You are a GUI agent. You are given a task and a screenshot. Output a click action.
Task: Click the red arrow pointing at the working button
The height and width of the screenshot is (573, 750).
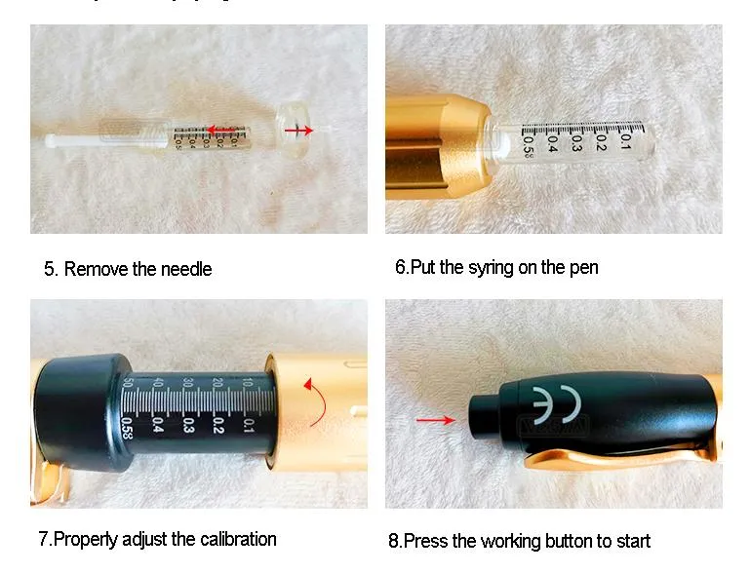[x=434, y=420]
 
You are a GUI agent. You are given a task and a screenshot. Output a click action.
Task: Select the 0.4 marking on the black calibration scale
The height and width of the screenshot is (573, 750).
[x=158, y=424]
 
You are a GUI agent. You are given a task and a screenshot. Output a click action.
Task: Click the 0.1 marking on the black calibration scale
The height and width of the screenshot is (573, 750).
[x=249, y=424]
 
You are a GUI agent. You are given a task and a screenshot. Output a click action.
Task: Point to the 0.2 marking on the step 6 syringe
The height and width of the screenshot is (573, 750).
[x=602, y=142]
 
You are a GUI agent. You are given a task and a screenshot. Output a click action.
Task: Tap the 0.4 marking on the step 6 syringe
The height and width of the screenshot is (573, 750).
[x=552, y=143]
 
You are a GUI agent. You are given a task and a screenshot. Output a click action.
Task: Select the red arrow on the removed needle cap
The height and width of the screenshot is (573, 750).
[x=297, y=130]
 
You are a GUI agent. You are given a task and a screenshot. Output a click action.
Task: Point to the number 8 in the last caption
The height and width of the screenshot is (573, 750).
[x=394, y=540]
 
